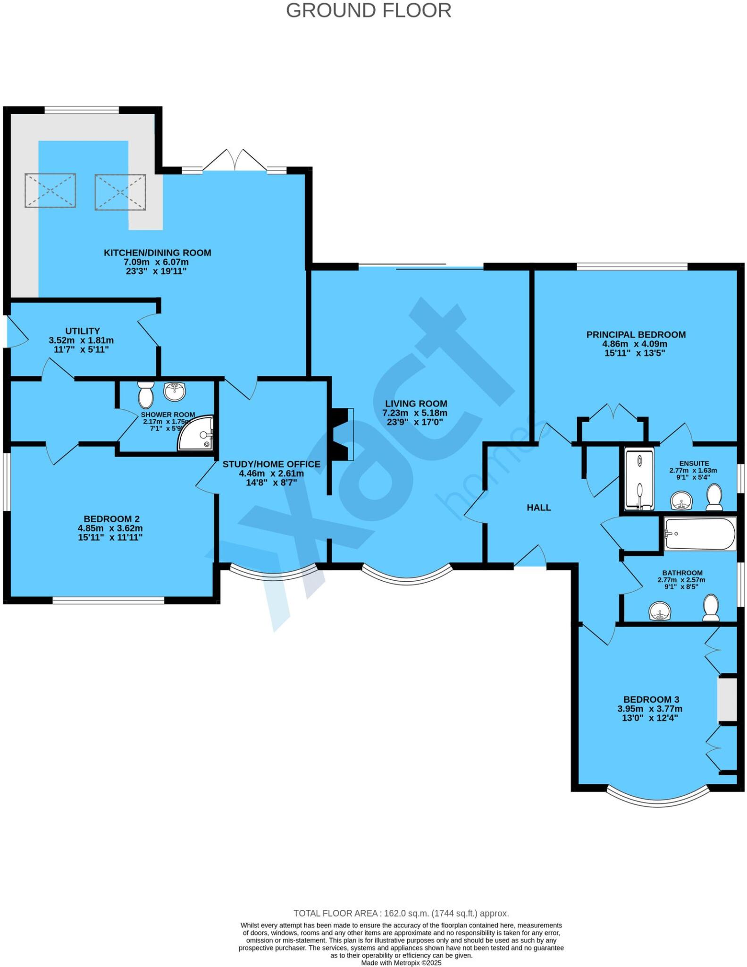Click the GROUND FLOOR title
pyautogui.click(x=369, y=11)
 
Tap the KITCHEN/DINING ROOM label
pyautogui.click(x=157, y=253)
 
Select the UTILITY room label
pyautogui.click(x=83, y=331)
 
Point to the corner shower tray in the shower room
pyautogui.click(x=197, y=434)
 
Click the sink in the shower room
pyautogui.click(x=175, y=390)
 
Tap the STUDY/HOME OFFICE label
pyautogui.click(x=271, y=464)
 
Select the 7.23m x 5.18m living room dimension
pyautogui.click(x=415, y=413)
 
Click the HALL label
pyautogui.click(x=538, y=508)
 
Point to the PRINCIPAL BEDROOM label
pyautogui.click(x=636, y=334)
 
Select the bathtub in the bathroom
pyautogui.click(x=700, y=534)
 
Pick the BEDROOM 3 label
pyautogui.click(x=651, y=699)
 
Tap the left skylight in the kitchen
pyautogui.click(x=50, y=190)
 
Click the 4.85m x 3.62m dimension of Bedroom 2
pyautogui.click(x=110, y=528)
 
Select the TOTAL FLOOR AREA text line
pyautogui.click(x=401, y=913)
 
